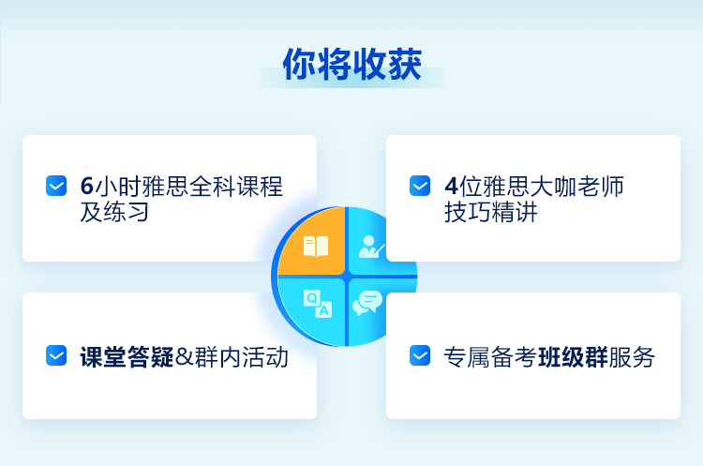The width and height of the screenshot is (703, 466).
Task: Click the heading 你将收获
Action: (x=351, y=64)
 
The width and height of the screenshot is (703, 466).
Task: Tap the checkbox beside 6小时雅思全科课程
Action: (x=56, y=186)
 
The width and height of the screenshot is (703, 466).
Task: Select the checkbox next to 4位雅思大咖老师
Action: (x=420, y=186)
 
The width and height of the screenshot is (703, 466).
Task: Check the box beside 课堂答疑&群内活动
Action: (x=56, y=355)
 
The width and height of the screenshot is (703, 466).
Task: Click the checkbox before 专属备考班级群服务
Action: (x=420, y=355)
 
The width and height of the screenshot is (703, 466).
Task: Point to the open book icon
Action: (x=316, y=247)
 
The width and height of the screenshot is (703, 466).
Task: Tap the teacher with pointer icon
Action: (x=371, y=247)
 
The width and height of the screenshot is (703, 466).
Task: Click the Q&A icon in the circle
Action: (x=318, y=304)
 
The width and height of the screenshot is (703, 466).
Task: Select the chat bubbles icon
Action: (x=367, y=303)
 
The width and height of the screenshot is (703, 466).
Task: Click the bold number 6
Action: (x=86, y=187)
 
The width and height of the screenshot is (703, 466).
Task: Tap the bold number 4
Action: (x=451, y=187)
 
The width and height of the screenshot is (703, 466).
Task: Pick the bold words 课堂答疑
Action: (x=127, y=357)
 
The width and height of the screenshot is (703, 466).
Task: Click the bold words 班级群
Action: (x=573, y=357)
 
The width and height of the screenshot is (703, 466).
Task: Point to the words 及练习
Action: (x=114, y=212)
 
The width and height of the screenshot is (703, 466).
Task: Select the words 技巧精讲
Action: (x=491, y=212)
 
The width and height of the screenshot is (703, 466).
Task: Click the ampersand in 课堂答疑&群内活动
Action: (x=184, y=357)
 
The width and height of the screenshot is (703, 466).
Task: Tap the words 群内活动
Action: (x=242, y=357)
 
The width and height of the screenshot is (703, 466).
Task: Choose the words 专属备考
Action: (x=490, y=357)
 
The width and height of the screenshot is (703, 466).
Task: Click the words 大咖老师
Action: (x=577, y=187)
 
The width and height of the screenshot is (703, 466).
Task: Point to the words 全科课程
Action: (x=236, y=187)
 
